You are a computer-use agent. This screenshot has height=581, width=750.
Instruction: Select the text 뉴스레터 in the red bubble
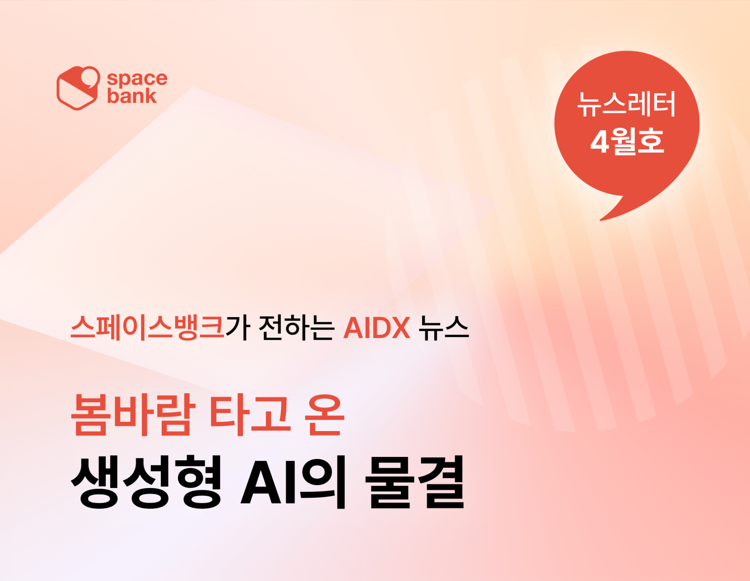pyautogui.click(x=627, y=104)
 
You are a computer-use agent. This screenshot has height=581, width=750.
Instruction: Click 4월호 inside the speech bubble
pyautogui.click(x=627, y=141)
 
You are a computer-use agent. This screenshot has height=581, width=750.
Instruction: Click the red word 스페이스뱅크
pyautogui.click(x=147, y=327)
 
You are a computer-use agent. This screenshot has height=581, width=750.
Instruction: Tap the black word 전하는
pyautogui.click(x=296, y=327)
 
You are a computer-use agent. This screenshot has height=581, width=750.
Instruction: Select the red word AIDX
pyautogui.click(x=377, y=328)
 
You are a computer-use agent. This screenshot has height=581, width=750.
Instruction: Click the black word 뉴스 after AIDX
pyautogui.click(x=443, y=327)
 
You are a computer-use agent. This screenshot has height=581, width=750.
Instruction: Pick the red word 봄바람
pyautogui.click(x=133, y=414)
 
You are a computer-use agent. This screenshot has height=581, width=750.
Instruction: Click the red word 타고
pyautogui.click(x=250, y=414)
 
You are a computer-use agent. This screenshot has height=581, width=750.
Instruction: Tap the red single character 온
pyautogui.click(x=325, y=414)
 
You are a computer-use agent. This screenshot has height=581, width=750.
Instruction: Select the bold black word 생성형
pyautogui.click(x=146, y=482)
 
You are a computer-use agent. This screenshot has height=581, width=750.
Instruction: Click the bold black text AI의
pyautogui.click(x=293, y=482)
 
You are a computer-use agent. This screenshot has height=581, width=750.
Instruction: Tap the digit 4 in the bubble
pyautogui.click(x=600, y=142)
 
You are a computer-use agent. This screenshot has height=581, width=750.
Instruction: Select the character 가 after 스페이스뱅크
pyautogui.click(x=237, y=327)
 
